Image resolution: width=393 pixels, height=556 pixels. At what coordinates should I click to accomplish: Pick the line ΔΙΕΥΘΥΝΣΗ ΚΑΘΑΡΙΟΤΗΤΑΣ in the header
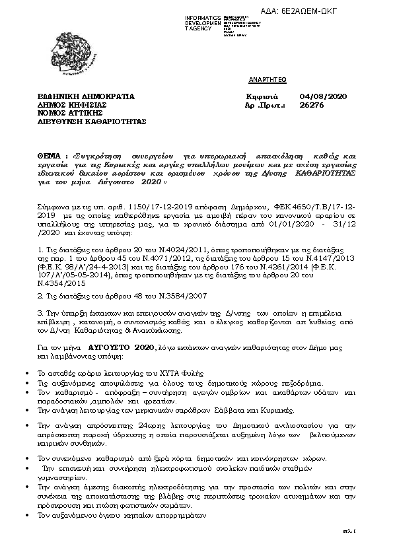[x=91, y=122]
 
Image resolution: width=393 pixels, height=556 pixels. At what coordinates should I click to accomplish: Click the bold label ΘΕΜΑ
[x=52, y=154]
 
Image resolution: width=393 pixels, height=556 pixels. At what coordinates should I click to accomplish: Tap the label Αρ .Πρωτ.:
[x=265, y=105]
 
